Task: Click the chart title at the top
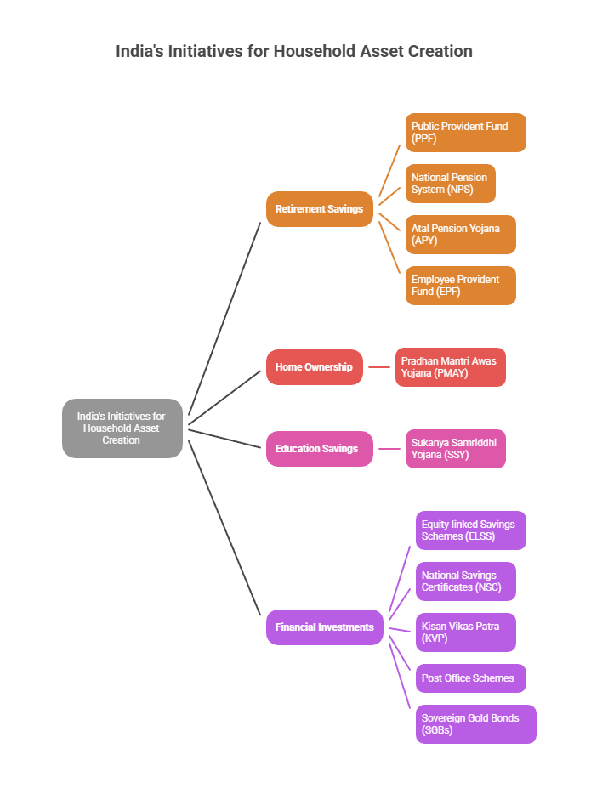pos(294,51)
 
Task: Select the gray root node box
pos(122,428)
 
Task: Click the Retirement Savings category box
pos(319,209)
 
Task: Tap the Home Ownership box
pos(314,367)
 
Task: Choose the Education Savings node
pos(319,449)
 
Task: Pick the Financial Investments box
pos(324,627)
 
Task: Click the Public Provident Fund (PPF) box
pos(465,133)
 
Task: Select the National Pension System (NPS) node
pos(450,184)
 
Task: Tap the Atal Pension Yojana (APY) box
pos(460,235)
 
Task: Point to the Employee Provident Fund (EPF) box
pos(460,286)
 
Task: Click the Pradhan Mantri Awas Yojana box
pos(450,367)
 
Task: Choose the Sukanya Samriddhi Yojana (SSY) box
pos(455,449)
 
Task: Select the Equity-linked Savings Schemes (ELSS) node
pos(470,530)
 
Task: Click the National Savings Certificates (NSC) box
pos(465,581)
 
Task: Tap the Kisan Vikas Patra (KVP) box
pos(465,632)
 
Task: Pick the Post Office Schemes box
pos(470,678)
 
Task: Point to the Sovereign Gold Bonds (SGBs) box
pos(475,724)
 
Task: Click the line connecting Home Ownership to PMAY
pos(379,367)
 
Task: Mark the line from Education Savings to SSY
pos(389,449)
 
